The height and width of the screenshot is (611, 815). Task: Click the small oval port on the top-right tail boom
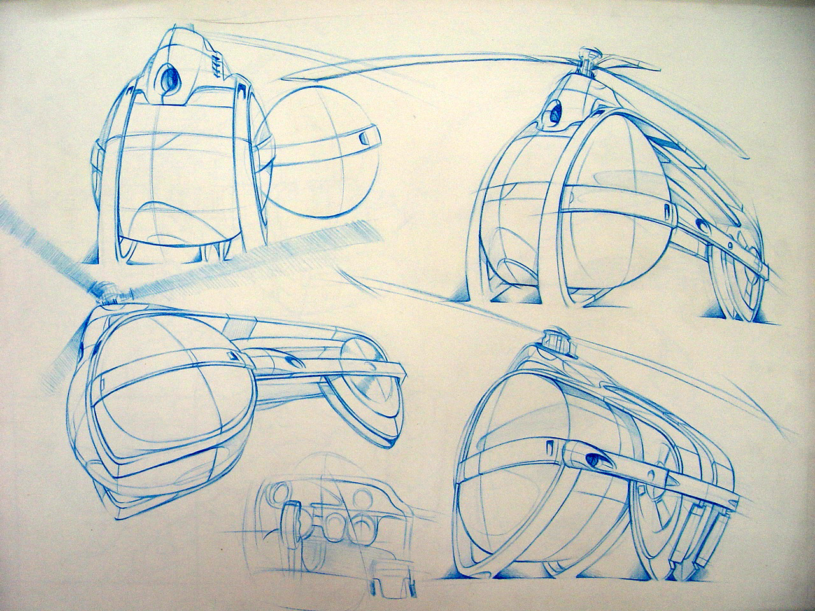[702, 224]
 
